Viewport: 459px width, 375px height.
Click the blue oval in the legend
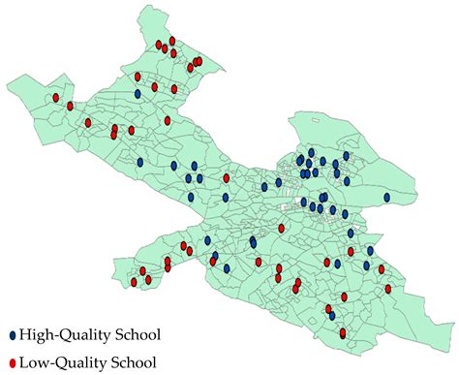(x=12, y=335)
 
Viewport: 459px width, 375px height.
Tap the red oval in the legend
(x=12, y=363)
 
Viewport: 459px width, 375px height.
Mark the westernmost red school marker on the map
(x=56, y=98)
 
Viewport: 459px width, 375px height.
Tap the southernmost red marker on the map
(x=344, y=332)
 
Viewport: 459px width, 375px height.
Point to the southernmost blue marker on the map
(x=331, y=315)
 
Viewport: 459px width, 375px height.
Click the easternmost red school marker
(x=392, y=288)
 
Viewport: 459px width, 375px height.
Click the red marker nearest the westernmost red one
(x=71, y=108)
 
